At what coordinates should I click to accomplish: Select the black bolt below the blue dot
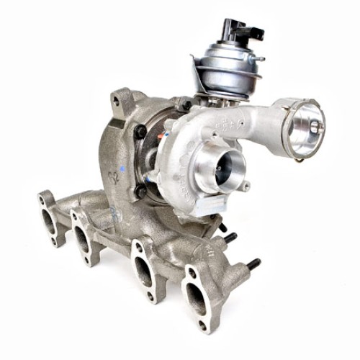[x=139, y=192]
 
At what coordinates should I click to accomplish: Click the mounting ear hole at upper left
[x=119, y=100]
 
